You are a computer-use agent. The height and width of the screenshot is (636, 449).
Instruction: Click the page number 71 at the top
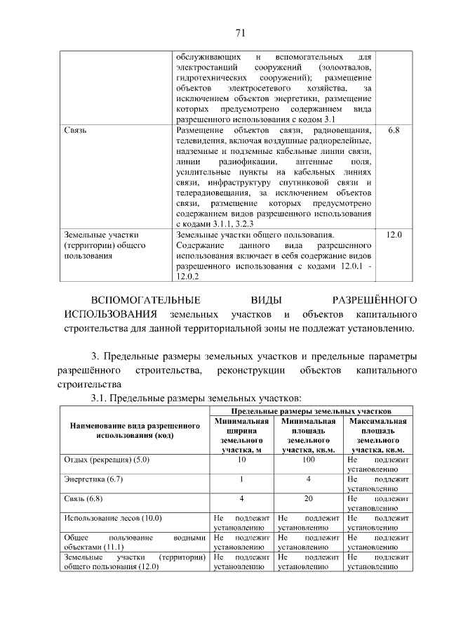click(239, 32)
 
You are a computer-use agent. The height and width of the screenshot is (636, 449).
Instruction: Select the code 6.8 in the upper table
click(393, 131)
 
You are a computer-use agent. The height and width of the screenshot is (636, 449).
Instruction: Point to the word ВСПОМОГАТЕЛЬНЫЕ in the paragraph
click(138, 299)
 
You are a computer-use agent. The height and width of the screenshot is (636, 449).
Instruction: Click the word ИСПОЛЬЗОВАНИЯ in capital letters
click(107, 313)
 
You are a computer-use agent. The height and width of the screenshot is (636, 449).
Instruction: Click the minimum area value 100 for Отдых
click(309, 459)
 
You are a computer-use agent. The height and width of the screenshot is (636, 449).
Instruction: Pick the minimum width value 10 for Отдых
click(242, 459)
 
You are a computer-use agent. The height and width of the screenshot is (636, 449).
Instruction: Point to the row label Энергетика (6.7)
click(93, 479)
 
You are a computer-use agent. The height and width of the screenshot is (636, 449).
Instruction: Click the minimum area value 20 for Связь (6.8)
click(309, 498)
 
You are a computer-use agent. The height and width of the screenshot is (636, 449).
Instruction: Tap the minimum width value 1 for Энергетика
click(242, 479)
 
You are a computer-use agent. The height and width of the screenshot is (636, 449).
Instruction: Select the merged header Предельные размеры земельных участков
click(310, 410)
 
